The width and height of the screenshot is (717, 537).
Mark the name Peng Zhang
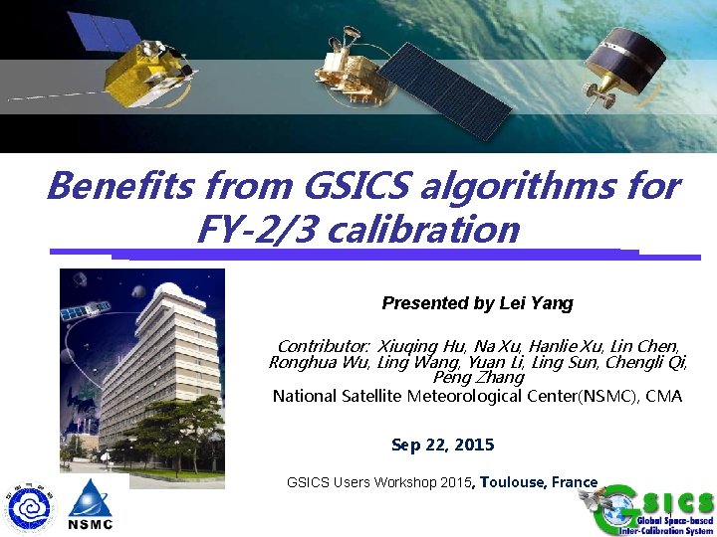click(x=478, y=377)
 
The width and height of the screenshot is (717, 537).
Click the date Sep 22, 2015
click(x=442, y=445)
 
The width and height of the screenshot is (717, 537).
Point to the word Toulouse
click(x=513, y=482)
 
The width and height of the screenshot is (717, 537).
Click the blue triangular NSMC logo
click(x=91, y=503)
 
